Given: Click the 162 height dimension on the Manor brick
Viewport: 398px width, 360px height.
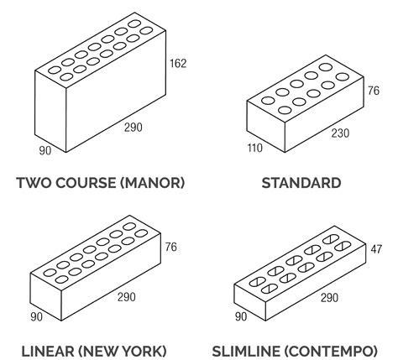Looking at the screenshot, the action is (x=178, y=64).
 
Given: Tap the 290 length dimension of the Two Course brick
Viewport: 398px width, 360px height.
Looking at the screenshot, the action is (x=134, y=128).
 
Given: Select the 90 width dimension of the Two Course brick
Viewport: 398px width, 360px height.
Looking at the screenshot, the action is (x=45, y=151).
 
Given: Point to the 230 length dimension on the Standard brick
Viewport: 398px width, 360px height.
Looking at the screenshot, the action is (x=340, y=133).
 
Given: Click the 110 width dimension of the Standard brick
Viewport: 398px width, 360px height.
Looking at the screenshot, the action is (x=254, y=148).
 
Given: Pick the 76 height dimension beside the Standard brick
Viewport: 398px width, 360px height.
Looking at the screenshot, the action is (x=374, y=91).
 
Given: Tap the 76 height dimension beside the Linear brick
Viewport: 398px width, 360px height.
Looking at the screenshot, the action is (x=170, y=247).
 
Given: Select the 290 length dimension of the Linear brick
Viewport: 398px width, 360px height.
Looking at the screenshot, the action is (x=127, y=297).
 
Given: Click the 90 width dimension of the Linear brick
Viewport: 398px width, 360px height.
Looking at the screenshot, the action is (x=37, y=317).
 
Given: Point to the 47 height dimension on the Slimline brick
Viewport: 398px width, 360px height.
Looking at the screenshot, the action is (x=376, y=249).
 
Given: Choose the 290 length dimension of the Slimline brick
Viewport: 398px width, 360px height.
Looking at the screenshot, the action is (x=329, y=298).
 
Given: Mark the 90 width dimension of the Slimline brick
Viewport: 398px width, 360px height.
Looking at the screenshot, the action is (x=241, y=317).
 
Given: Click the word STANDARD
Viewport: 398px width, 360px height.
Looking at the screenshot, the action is (x=301, y=183).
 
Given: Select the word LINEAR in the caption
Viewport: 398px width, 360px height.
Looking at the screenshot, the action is (x=48, y=352).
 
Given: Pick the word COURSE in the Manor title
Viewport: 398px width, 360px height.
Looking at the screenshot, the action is (x=86, y=183).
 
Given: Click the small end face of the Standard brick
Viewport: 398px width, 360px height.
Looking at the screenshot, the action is (x=265, y=127).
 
